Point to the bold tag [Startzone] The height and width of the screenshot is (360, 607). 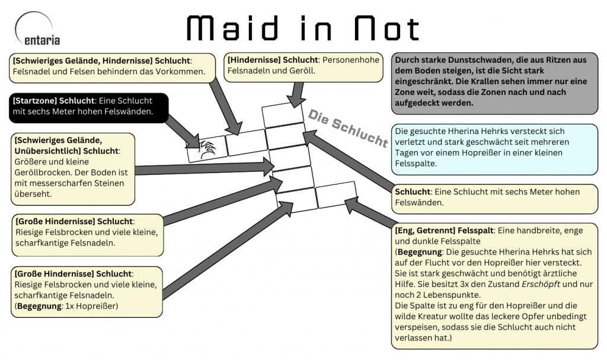point(34,100)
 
